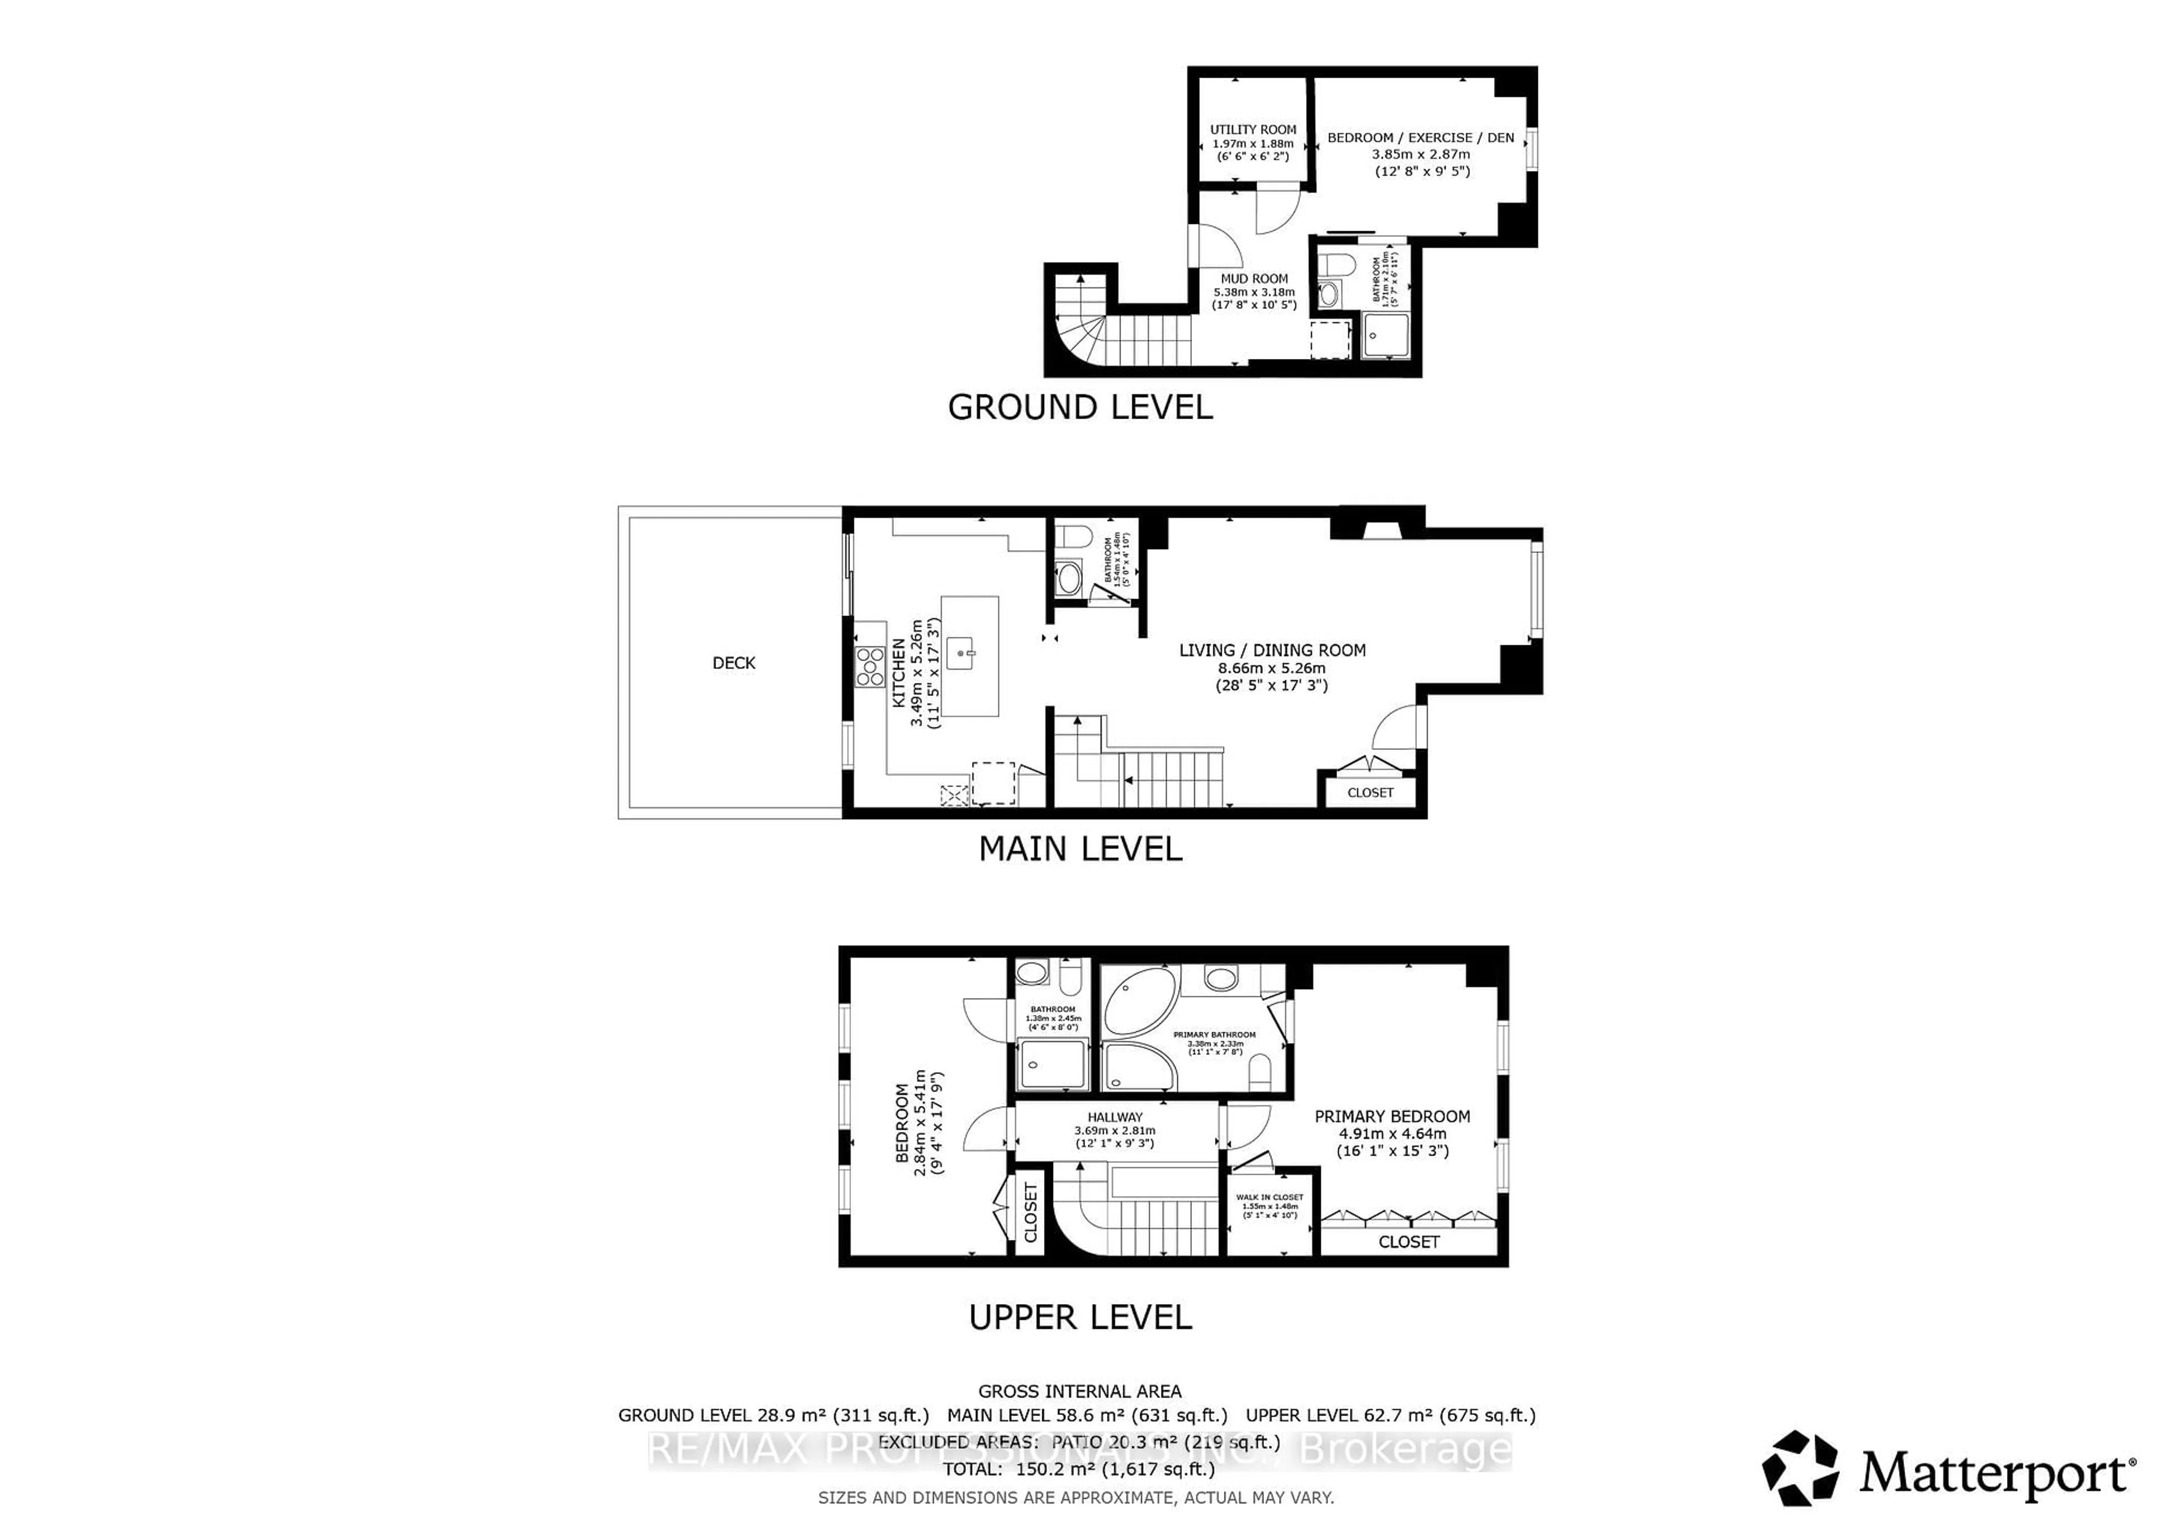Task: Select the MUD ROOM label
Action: point(1254,278)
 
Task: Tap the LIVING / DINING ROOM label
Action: point(1272,650)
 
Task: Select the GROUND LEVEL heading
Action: point(1080,407)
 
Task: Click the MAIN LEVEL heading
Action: point(1080,850)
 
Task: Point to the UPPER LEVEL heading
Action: point(1080,1317)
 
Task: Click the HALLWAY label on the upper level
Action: point(1115,1117)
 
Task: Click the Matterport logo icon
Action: point(1799,1469)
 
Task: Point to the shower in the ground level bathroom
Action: point(1386,336)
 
